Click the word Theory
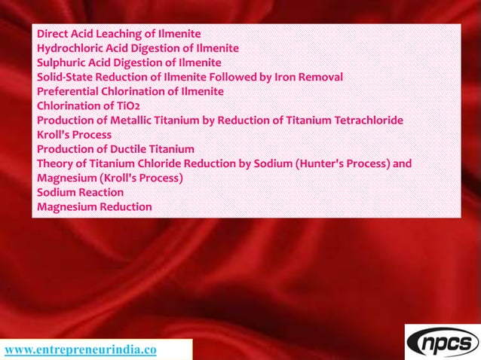(x=55, y=163)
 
